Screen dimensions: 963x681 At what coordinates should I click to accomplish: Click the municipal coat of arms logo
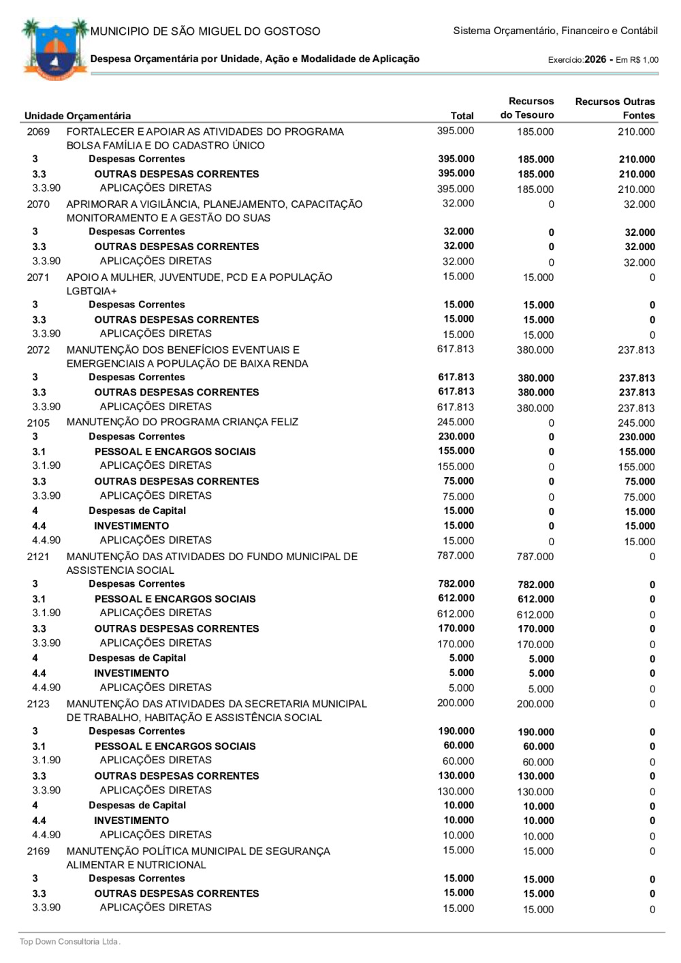[x=55, y=50]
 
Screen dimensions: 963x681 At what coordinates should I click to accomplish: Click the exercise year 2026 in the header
[x=595, y=59]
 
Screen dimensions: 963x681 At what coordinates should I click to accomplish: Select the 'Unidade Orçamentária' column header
[x=78, y=116]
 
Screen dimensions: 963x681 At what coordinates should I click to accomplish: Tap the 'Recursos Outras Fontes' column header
[x=615, y=108]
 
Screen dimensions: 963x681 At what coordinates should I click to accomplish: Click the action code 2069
[x=38, y=132]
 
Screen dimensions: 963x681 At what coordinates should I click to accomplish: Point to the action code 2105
[x=38, y=423]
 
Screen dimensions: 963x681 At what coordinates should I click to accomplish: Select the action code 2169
[x=38, y=851]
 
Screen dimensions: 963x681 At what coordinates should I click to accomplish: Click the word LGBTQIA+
[x=92, y=291]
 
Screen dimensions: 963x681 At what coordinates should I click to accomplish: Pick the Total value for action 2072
[x=456, y=349]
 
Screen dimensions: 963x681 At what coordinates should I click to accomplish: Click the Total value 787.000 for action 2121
[x=456, y=555]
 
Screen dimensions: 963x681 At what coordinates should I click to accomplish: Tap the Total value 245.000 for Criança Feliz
[x=456, y=422]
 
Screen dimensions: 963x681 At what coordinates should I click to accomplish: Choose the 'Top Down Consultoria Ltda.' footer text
[x=69, y=942]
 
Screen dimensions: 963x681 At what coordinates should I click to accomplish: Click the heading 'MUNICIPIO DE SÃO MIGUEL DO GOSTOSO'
[x=205, y=31]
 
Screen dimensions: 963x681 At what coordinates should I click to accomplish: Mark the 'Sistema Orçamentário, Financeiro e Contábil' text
[x=555, y=31]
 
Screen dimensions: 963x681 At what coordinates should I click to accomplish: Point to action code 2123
[x=38, y=704]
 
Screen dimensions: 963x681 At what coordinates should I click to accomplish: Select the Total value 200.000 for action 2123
[x=456, y=703]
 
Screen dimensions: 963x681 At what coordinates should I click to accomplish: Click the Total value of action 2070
[x=458, y=203]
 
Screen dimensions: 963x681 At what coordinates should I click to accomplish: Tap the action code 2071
[x=38, y=277]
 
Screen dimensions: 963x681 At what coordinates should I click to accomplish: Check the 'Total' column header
[x=462, y=116]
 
